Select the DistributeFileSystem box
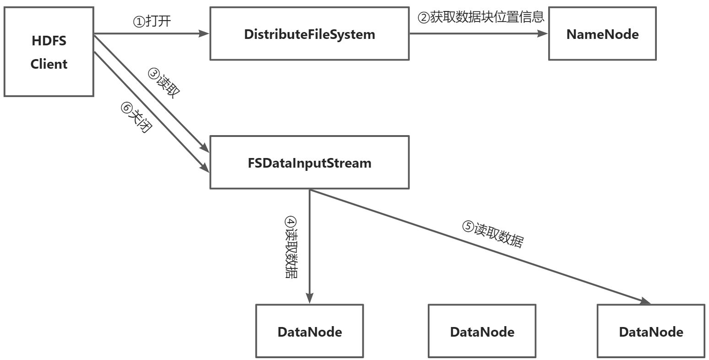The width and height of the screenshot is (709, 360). (x=309, y=33)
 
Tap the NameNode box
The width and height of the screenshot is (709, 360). (x=602, y=33)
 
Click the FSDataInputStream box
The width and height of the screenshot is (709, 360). (x=309, y=162)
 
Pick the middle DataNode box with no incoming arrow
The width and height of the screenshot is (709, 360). (x=481, y=331)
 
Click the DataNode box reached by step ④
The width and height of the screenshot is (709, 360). (x=309, y=331)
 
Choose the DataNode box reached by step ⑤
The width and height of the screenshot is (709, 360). (x=650, y=331)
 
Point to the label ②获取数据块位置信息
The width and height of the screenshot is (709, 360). (x=480, y=17)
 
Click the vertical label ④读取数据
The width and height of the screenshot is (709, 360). (x=290, y=247)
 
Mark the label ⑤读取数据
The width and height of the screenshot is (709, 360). (x=492, y=234)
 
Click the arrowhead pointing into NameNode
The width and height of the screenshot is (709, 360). (x=543, y=33)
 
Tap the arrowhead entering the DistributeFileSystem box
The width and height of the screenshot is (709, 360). (x=204, y=33)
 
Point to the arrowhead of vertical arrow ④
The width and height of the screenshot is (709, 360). (x=310, y=299)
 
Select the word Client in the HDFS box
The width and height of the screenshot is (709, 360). (x=49, y=64)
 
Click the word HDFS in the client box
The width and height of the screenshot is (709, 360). (x=49, y=41)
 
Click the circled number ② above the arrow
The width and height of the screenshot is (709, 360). (x=424, y=18)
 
